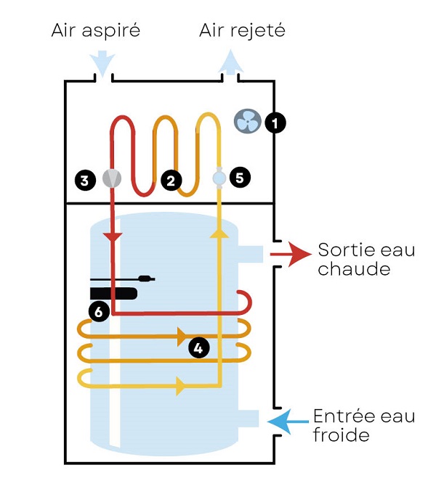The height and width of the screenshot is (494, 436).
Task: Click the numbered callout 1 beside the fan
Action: [275, 123]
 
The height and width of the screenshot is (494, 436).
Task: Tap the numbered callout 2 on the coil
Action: [171, 180]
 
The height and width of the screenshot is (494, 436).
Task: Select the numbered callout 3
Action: [86, 179]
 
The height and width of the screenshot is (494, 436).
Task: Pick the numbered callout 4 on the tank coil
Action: [198, 348]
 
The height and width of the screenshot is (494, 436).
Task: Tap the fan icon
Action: [247, 121]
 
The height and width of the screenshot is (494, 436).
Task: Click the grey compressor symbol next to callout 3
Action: [111, 178]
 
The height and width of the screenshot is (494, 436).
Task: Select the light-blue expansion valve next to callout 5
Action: [219, 176]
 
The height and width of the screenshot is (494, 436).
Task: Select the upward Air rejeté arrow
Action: [230, 61]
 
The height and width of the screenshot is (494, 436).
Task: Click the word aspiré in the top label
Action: [113, 31]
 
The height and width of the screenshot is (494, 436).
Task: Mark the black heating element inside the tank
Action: [113, 293]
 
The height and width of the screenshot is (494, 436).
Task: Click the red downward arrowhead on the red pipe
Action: [113, 237]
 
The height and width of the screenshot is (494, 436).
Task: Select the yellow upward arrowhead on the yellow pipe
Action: [219, 232]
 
